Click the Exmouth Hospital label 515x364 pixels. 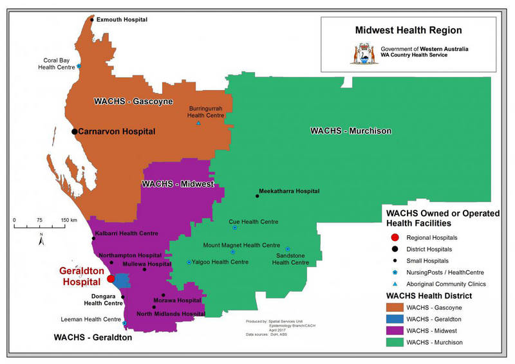[122, 20]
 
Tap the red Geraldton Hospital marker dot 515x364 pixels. [111, 279]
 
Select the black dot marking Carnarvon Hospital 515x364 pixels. [75, 131]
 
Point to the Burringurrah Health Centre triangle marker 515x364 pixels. [198, 123]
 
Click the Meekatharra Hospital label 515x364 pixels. [288, 192]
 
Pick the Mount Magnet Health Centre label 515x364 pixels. [241, 245]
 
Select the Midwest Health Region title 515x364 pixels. [408, 30]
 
